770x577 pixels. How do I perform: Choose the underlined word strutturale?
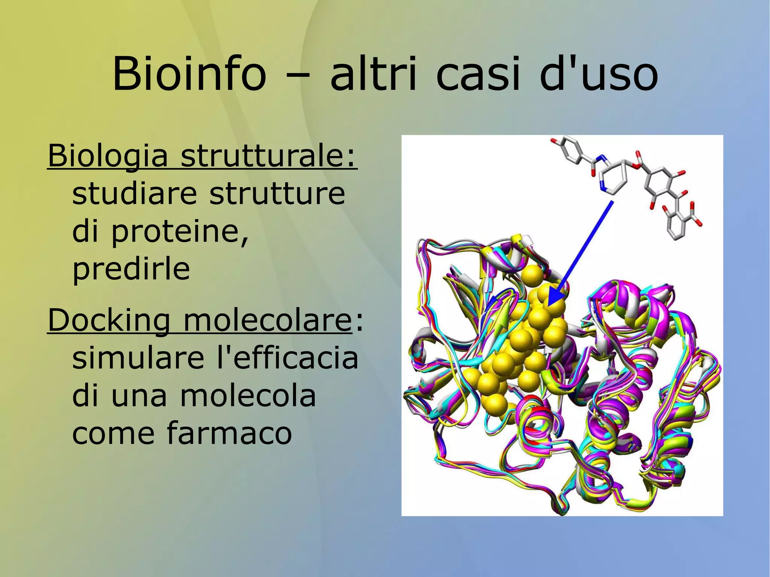coord(268,156)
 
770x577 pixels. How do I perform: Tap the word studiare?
coord(135,194)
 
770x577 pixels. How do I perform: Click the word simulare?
coord(138,358)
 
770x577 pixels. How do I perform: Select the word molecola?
coord(248,395)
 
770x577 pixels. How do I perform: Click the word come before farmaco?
coord(113,433)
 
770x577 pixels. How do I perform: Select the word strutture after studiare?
coord(277,194)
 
